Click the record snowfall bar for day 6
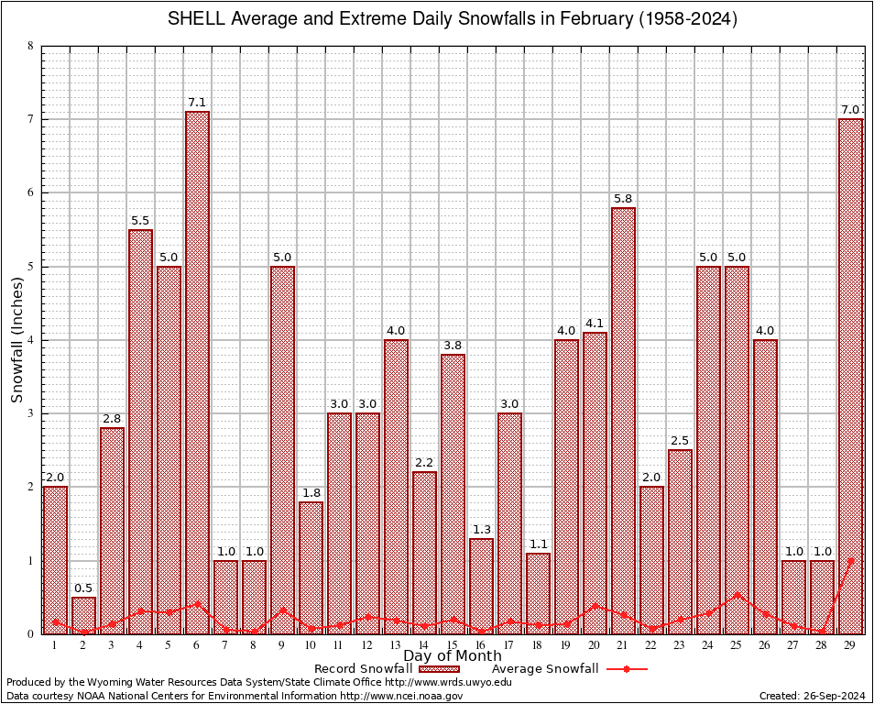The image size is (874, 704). point(197,372)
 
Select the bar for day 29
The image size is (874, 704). point(851,376)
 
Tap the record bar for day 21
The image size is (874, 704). point(623,421)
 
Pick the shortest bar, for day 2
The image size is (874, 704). point(83,615)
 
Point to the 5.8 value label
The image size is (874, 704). point(623,199)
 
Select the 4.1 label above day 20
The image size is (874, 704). point(595,323)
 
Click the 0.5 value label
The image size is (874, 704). point(83,588)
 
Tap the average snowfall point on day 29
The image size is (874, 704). point(851,560)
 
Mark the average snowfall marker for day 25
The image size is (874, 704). point(737,594)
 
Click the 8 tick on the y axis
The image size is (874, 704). point(30,46)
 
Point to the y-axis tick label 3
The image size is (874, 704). point(30,413)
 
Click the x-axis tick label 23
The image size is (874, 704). point(680,645)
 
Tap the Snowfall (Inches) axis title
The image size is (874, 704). point(17,340)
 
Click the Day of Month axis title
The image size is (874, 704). point(453,655)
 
